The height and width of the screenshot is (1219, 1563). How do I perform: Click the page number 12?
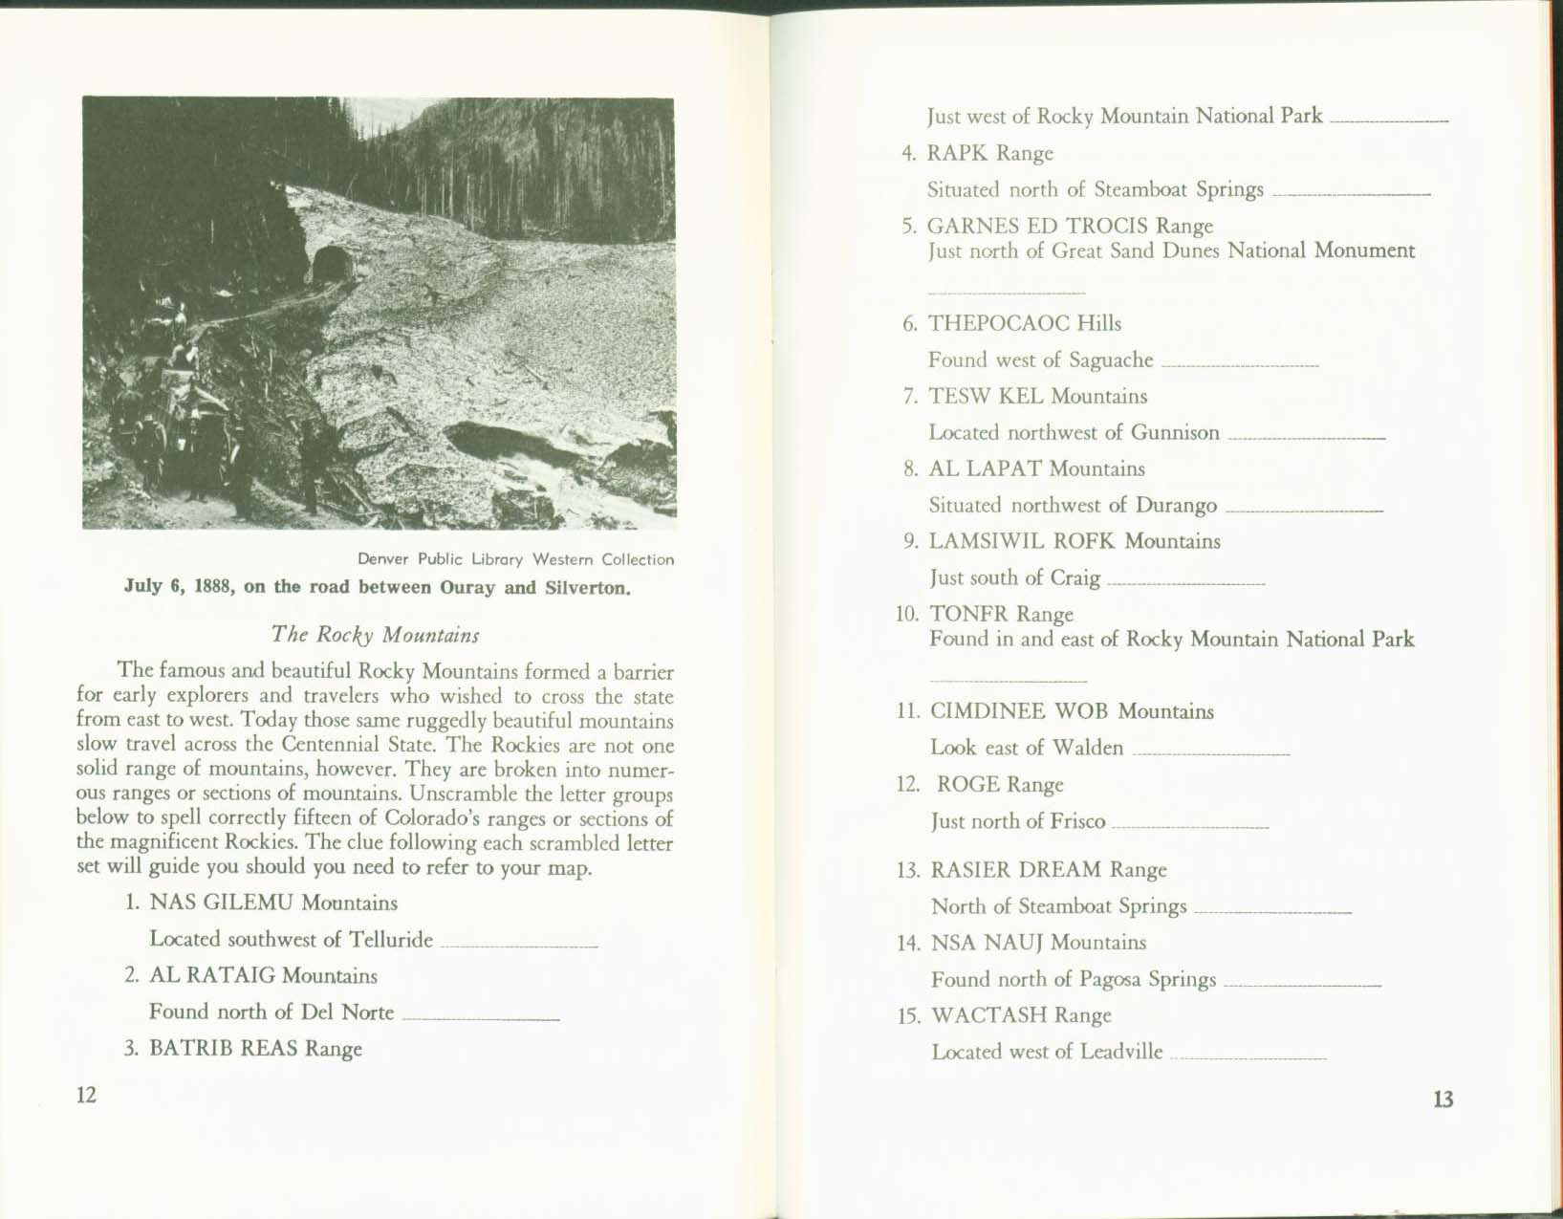pos(86,1095)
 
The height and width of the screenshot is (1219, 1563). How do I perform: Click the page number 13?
pos(1443,1099)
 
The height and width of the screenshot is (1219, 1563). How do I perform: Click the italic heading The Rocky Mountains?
pos(375,635)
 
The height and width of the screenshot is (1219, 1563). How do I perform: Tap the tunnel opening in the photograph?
pos(331,264)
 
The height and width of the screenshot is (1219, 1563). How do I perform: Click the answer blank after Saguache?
pos(1240,364)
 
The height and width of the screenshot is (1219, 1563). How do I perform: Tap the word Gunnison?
pos(1175,432)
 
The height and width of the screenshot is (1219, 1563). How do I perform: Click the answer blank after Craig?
pos(1186,582)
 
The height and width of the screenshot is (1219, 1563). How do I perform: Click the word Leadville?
pos(1121,1052)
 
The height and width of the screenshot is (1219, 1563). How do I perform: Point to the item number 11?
pos(907,711)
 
